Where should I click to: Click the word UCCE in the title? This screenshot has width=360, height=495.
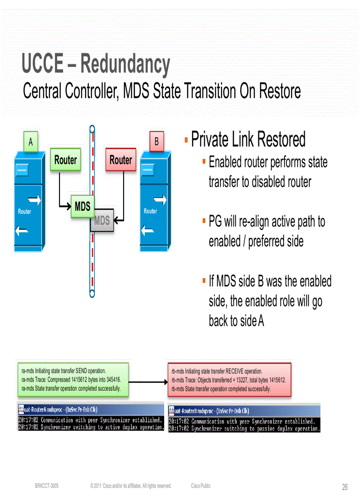41,64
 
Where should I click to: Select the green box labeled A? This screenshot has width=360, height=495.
30,142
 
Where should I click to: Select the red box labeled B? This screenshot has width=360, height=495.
156,142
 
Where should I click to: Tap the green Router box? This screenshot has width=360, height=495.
65,160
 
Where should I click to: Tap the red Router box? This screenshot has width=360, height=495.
120,160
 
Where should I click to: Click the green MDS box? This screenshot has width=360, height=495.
82,206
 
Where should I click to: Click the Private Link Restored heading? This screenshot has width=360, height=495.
248,140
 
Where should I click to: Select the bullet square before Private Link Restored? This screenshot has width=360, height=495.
187,140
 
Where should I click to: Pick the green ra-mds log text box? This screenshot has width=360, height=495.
72,379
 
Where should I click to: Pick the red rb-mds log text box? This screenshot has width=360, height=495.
229,380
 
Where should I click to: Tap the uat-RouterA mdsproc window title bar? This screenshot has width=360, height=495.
90,409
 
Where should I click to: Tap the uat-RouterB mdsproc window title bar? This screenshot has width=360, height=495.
244,410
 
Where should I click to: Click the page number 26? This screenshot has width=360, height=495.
345,487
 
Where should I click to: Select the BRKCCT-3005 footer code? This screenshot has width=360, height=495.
47,486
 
